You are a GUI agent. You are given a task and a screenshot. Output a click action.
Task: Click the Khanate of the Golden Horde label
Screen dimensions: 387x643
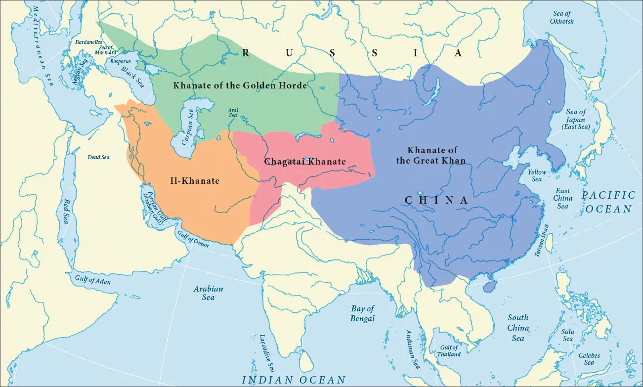(x=240, y=86)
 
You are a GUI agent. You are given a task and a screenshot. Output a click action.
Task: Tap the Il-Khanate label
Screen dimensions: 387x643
(x=194, y=181)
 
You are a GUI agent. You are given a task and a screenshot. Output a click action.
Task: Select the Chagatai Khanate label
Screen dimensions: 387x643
(x=304, y=162)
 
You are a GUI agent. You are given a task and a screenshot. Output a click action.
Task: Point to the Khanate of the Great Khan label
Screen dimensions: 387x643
(x=432, y=155)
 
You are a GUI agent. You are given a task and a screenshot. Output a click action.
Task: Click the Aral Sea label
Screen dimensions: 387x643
(x=232, y=113)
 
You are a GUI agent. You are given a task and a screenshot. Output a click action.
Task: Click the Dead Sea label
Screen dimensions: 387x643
(x=98, y=157)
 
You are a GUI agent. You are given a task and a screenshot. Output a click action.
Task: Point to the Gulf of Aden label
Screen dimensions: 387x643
(x=93, y=280)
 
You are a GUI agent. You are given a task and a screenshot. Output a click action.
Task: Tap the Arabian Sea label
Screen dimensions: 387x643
(x=208, y=293)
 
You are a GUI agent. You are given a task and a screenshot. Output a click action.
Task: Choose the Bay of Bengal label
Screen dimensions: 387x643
(x=363, y=313)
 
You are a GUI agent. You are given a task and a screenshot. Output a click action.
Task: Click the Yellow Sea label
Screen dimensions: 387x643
(x=537, y=175)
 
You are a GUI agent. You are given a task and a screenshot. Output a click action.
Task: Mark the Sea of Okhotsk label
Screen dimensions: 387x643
(x=561, y=18)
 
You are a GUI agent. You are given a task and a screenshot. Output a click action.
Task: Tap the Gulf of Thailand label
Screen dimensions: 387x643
(x=449, y=351)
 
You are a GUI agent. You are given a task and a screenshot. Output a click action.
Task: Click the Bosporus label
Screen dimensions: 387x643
(x=121, y=62)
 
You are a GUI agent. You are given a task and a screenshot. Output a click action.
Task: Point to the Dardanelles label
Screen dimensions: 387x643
(x=88, y=42)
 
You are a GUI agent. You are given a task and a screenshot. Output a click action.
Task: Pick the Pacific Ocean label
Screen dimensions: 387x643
(x=607, y=202)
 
